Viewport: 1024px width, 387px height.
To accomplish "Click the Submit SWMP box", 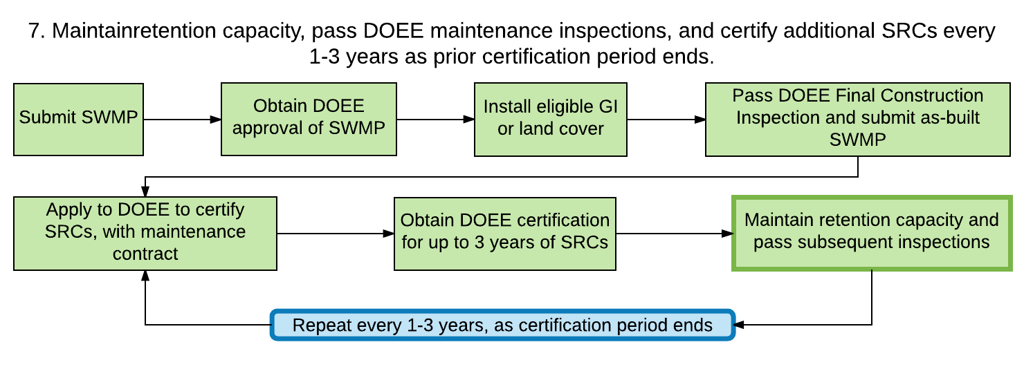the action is point(78,120).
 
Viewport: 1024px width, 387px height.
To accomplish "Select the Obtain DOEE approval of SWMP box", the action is point(309,119).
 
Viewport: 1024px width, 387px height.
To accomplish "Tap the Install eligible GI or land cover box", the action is point(551,120).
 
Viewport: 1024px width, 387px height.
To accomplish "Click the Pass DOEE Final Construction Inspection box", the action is point(858,120).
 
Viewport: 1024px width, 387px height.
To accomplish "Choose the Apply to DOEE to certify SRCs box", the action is point(145,233).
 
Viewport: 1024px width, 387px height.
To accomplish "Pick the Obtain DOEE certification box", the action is point(504,234).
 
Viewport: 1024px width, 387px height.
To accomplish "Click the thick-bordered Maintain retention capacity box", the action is point(872,233).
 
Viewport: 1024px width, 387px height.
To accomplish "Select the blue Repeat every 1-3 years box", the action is point(502,325).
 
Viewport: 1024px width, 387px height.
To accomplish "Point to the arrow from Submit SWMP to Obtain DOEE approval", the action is point(183,120).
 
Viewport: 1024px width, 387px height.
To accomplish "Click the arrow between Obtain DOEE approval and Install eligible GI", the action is point(436,120).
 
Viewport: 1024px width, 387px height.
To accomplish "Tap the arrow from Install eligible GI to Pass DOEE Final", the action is point(666,120).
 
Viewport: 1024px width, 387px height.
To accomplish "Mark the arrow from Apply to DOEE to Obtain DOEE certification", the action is point(336,234).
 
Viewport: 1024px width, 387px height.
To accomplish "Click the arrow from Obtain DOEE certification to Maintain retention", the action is point(675,234).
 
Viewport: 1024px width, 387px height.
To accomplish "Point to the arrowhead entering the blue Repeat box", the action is point(740,325).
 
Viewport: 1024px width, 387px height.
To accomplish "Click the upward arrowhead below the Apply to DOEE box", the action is point(145,276).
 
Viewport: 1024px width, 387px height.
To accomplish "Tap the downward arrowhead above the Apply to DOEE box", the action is point(145,191).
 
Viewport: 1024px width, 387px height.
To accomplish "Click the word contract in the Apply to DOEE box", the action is point(145,254).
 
